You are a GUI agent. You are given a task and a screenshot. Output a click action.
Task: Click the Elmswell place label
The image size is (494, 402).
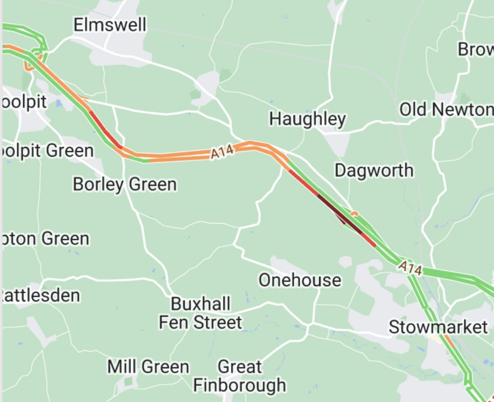tap(110, 25)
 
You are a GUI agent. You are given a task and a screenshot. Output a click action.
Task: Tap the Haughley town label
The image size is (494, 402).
tap(307, 119)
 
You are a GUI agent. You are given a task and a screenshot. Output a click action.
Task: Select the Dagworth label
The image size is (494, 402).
tap(374, 171)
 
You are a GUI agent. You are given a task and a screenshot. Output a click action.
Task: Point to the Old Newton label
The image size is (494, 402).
tap(446, 110)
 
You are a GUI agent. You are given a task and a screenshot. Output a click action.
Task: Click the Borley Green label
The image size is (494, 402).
tap(124, 185)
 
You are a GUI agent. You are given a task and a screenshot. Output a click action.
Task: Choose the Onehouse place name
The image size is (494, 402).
tap(300, 280)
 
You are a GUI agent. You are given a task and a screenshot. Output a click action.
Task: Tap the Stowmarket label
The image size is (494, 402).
tap(438, 327)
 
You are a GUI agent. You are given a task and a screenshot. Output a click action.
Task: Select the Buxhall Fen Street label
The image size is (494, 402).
tap(201, 313)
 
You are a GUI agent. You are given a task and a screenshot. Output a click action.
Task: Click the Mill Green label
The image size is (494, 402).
tap(148, 366)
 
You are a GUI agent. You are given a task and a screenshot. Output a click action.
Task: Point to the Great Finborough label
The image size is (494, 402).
tap(240, 376)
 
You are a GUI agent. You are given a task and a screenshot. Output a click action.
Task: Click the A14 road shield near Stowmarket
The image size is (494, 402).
tap(410, 268)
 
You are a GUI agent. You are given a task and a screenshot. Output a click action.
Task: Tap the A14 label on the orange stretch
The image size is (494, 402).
tap(222, 153)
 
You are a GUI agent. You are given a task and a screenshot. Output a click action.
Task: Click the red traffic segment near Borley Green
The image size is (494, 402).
tap(104, 130)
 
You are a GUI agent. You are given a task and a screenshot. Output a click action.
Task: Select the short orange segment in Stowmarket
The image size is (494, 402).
tap(449, 341)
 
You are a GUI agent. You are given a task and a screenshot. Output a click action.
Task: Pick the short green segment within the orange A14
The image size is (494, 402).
tap(139, 159)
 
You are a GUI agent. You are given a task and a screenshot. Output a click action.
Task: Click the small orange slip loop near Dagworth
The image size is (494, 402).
tap(354, 213)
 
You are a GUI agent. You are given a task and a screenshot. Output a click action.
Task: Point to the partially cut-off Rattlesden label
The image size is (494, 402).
tap(41, 295)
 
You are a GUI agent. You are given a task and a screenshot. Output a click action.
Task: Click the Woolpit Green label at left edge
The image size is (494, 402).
tap(48, 151)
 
